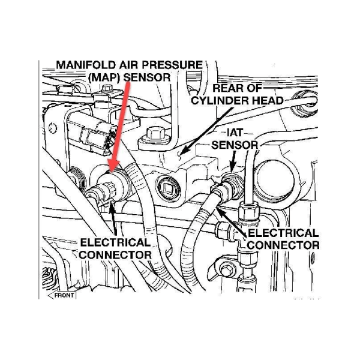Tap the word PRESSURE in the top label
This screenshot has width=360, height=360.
pos(173,65)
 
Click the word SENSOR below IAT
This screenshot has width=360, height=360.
pos(235,145)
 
